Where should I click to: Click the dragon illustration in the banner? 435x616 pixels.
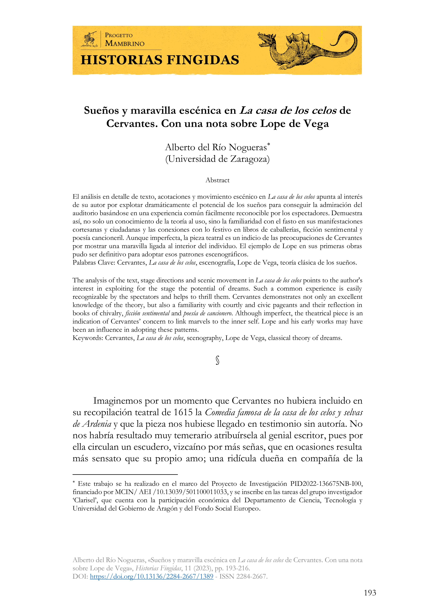(307, 50)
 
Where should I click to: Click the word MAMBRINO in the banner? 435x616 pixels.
(125, 44)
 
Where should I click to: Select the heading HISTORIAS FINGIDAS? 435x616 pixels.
(160, 60)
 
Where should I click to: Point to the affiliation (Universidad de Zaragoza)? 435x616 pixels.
(217, 159)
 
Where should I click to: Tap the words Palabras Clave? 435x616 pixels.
(93, 263)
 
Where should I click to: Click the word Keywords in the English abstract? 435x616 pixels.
(88, 338)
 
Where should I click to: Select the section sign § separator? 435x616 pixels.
(217, 360)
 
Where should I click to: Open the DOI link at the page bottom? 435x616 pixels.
(151, 576)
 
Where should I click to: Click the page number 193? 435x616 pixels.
(370, 593)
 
